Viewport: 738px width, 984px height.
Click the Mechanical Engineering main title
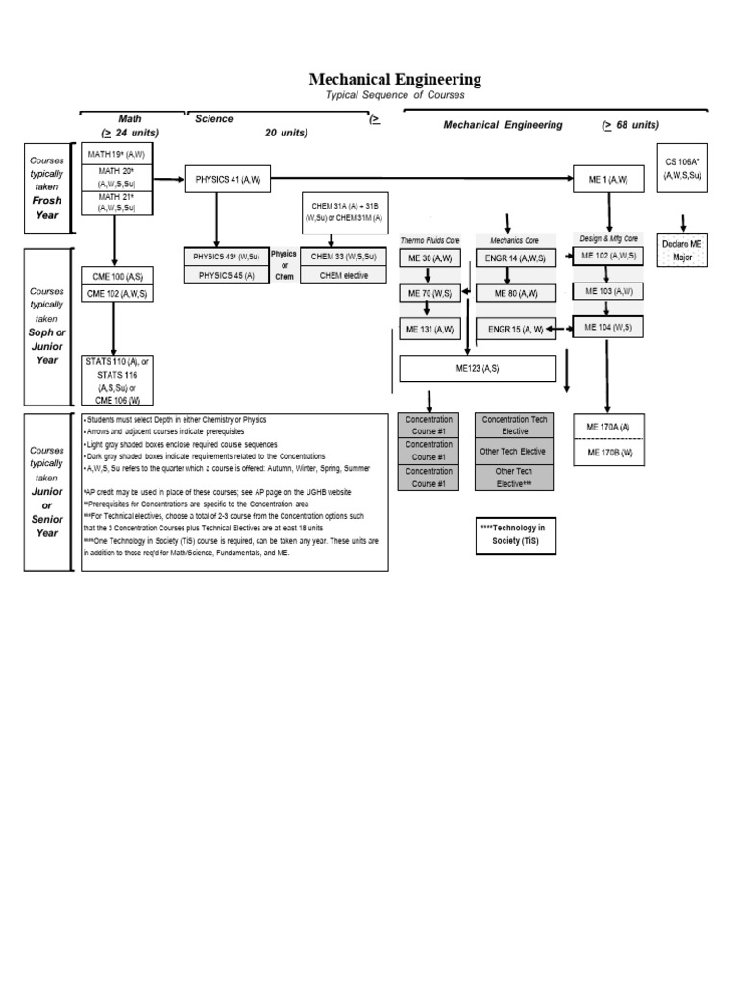395,80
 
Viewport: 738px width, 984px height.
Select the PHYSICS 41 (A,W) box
229,179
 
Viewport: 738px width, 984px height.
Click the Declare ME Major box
681,252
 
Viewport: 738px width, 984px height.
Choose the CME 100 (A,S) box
115,277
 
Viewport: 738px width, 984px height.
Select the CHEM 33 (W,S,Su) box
343,257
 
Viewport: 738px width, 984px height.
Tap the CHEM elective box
343,275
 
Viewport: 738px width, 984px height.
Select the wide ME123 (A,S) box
478,368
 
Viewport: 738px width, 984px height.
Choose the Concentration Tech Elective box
513,426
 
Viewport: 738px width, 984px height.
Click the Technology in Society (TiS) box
513,533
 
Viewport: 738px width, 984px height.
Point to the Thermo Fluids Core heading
428,239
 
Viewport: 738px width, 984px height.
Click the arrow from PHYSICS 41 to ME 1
423,178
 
